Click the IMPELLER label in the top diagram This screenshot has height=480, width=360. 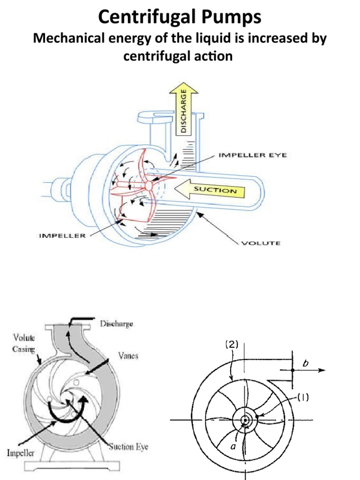(62, 236)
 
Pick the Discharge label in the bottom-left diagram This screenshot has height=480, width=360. (116, 323)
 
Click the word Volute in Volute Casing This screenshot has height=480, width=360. (20, 337)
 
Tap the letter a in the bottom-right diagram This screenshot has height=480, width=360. (233, 446)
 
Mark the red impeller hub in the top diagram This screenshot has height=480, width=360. (150, 185)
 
